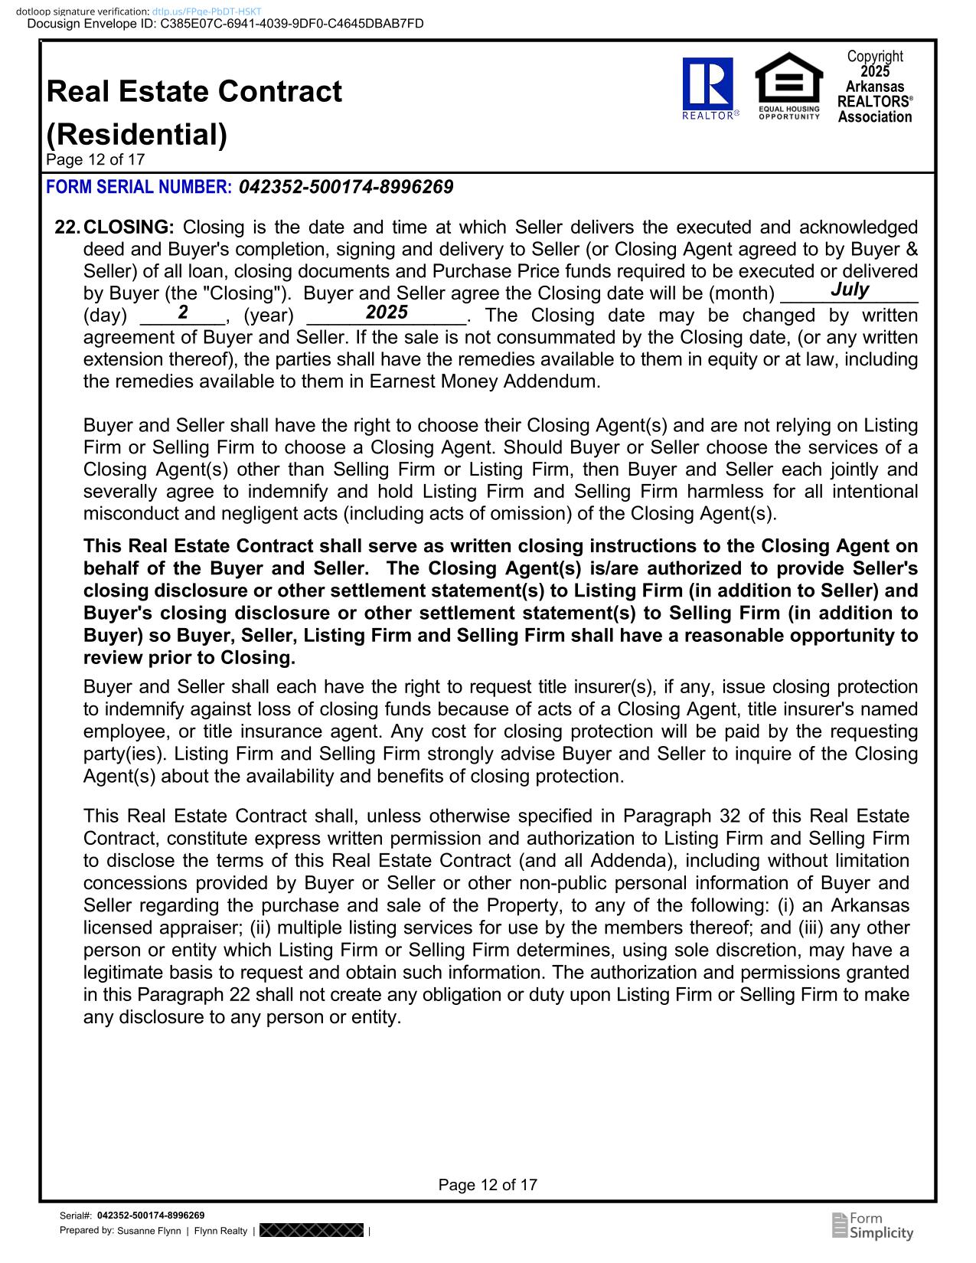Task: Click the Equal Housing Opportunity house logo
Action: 788,85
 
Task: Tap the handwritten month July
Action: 850,290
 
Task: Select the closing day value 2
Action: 183,312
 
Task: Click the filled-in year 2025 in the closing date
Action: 387,312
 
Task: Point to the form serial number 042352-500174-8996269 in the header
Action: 346,187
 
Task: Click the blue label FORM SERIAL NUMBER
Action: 139,187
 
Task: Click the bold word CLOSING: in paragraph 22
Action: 129,227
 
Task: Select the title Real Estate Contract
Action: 194,92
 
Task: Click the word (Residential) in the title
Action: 137,135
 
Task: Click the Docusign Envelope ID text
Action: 225,24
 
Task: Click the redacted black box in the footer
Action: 311,1231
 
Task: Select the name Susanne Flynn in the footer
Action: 149,1231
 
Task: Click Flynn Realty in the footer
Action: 220,1231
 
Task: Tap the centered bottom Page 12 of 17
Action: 488,1185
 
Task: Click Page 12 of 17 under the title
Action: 95,159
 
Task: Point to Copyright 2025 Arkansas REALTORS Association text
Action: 875,87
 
